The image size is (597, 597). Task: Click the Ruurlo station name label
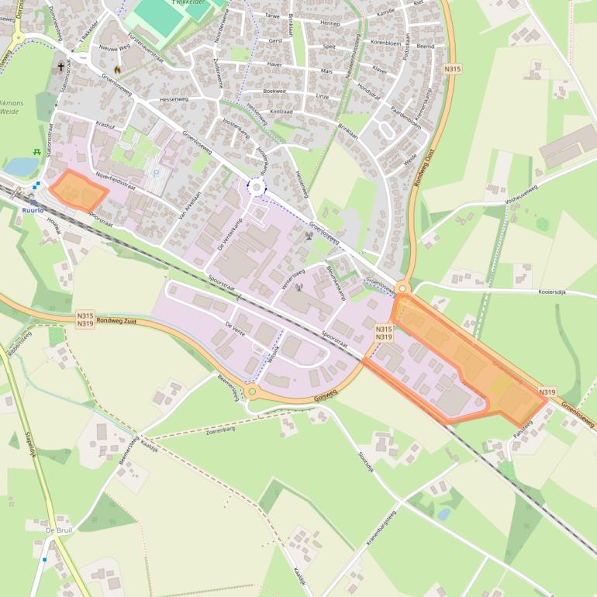[x=33, y=209]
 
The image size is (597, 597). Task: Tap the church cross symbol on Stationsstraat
[x=60, y=67]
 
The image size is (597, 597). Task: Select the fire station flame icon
[x=118, y=69]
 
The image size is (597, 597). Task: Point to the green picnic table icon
[x=37, y=152]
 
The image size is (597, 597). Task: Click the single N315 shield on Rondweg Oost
[x=453, y=70]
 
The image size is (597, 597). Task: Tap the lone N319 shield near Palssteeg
[x=547, y=392]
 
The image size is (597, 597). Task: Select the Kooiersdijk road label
[x=538, y=294]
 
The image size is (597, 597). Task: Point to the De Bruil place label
[x=59, y=530]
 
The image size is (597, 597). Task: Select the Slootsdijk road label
[x=365, y=462]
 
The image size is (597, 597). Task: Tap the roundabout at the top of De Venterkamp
[x=256, y=187]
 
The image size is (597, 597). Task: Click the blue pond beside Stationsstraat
[x=22, y=166]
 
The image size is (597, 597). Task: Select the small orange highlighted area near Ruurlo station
[x=78, y=190]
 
